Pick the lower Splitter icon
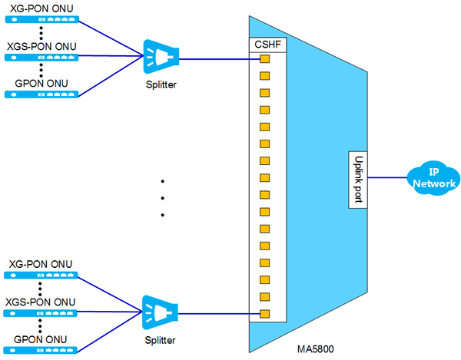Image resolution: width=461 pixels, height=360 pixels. pos(161,312)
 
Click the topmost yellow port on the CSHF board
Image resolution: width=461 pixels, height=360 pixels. pos(264,59)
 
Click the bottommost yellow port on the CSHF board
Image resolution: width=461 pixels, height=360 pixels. pos(264,313)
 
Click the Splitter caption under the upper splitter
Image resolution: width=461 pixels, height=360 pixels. pos(160,84)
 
